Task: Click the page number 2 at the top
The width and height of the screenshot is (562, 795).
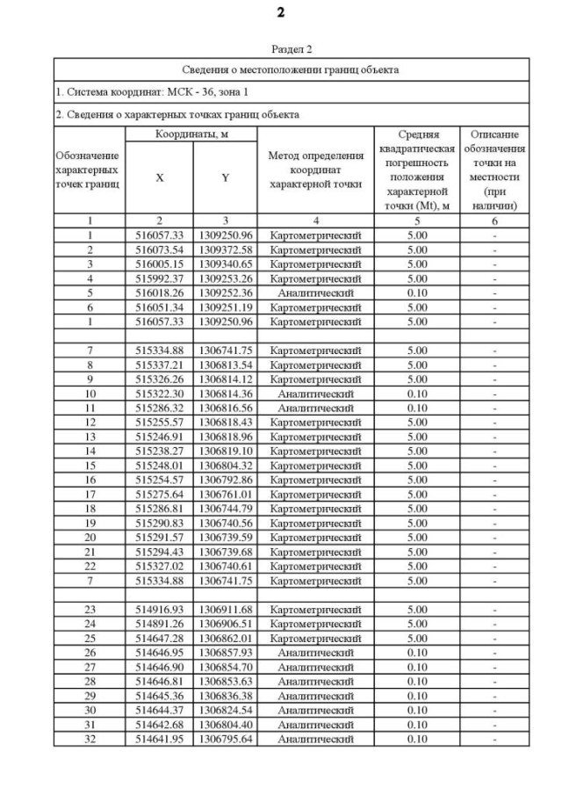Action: [x=280, y=12]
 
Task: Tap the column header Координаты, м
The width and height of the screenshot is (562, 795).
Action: [x=192, y=134]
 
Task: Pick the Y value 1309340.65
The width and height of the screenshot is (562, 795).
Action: [x=225, y=264]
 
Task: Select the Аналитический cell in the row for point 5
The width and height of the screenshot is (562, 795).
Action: [x=315, y=293]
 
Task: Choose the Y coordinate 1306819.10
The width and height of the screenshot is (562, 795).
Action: [x=225, y=451]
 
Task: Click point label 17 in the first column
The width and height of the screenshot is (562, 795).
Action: [x=89, y=494]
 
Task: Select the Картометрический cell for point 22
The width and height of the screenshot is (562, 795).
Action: [x=315, y=566]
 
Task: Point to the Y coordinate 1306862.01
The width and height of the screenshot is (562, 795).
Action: [x=225, y=638]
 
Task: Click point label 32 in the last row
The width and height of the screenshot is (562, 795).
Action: [x=89, y=739]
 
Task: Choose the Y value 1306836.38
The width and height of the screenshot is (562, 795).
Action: [x=225, y=696]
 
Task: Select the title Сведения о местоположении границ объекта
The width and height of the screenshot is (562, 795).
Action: [x=291, y=69]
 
